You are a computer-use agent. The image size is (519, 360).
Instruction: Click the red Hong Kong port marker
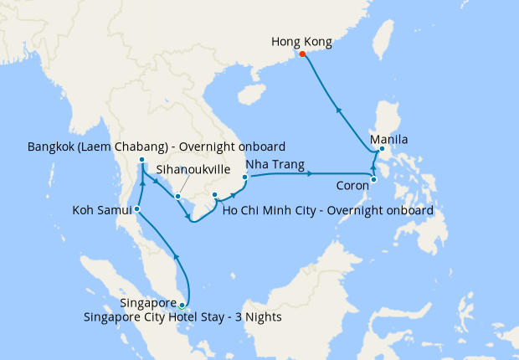(x=302, y=55)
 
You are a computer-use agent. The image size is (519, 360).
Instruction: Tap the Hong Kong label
(x=302, y=41)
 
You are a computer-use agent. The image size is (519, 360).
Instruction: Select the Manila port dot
(x=382, y=150)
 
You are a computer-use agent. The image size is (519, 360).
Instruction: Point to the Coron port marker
(x=373, y=179)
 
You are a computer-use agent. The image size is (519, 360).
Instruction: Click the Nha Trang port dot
(x=244, y=177)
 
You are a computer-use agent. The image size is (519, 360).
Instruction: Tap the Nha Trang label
(x=275, y=164)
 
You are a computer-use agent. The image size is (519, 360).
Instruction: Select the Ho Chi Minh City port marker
(x=215, y=195)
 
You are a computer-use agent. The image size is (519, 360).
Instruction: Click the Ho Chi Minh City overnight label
(x=328, y=211)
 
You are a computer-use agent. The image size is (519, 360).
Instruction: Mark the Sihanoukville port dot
(x=177, y=197)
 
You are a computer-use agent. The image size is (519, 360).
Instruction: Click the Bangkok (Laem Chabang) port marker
(x=142, y=160)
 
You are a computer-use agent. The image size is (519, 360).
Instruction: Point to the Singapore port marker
(x=182, y=306)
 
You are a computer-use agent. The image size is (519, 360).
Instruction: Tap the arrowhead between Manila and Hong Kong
(x=338, y=109)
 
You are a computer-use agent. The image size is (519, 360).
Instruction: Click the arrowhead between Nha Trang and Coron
(x=310, y=174)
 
